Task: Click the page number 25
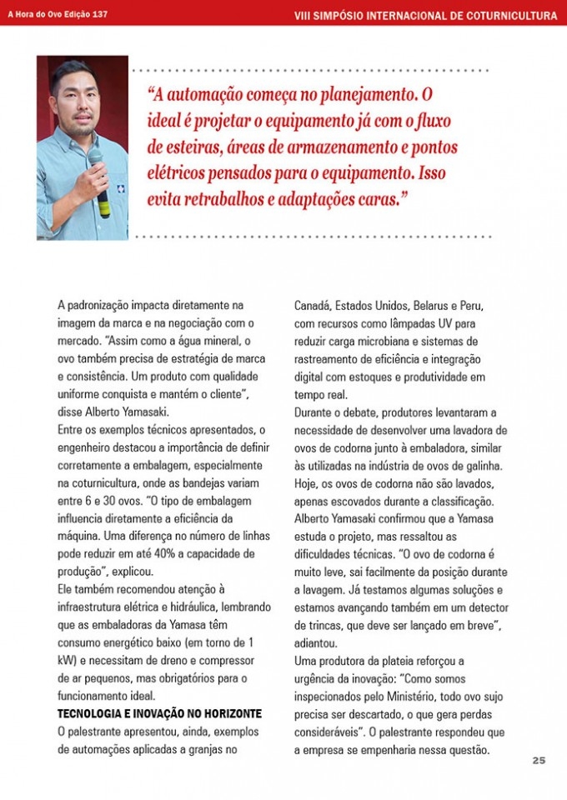[x=539, y=759]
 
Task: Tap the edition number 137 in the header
[x=97, y=15]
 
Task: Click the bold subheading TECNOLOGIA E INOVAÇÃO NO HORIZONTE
[x=159, y=714]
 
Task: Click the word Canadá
[x=314, y=305]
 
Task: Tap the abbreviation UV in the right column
[x=441, y=322]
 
